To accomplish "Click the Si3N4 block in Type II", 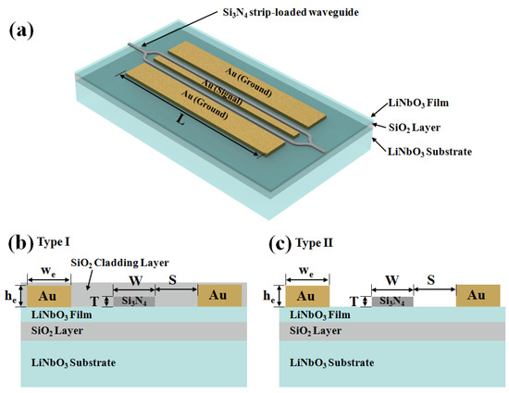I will (391, 301).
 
